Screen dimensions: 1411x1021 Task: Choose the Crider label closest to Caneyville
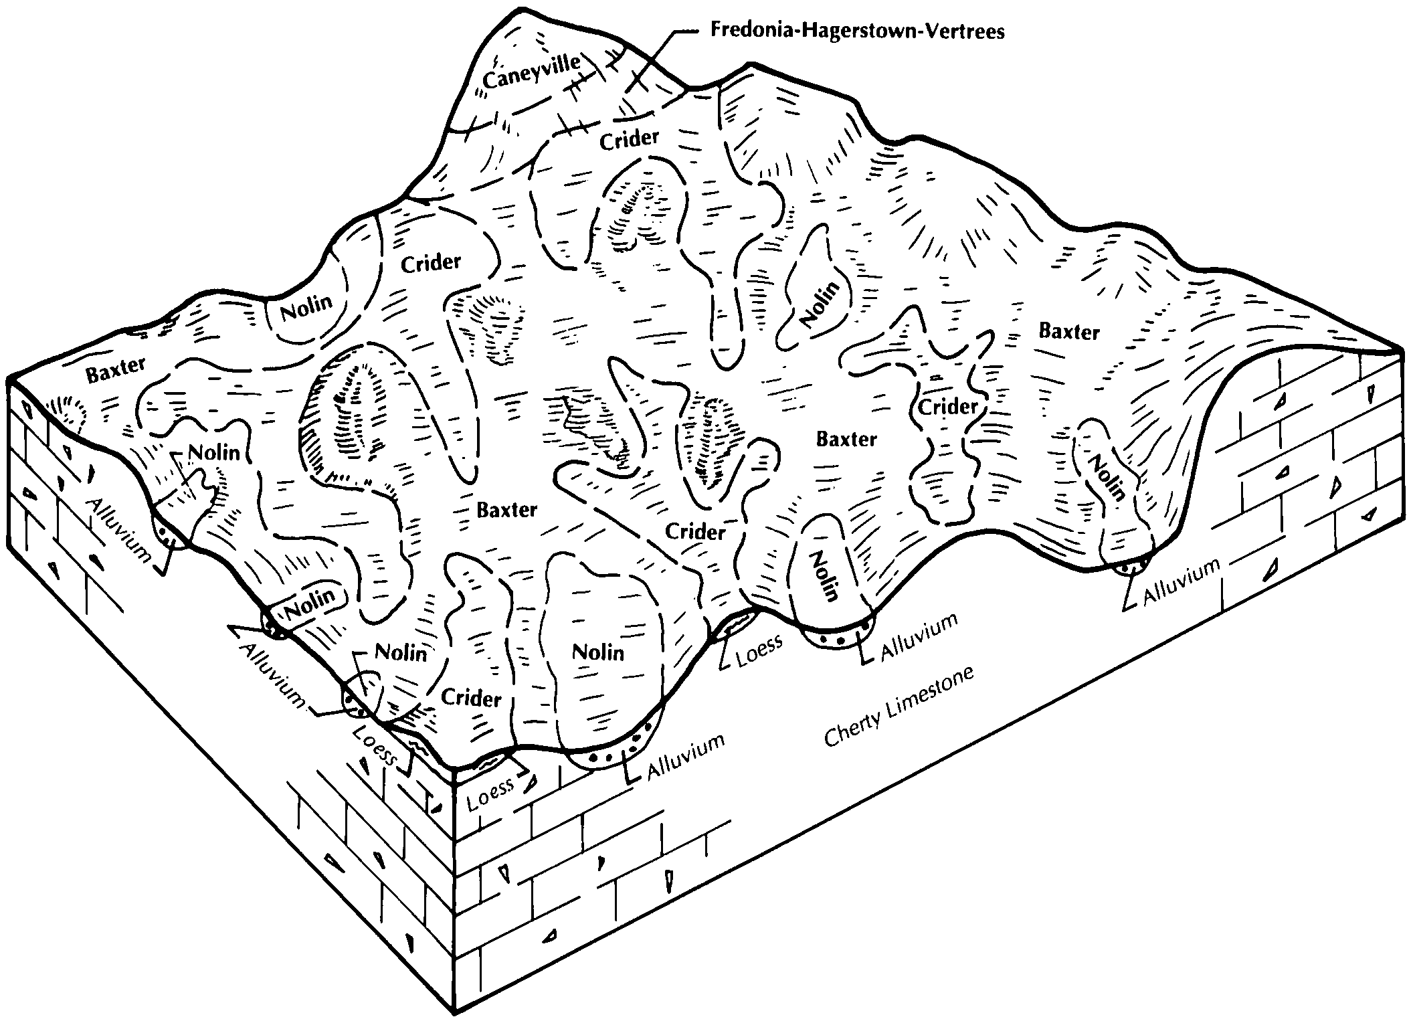tap(630, 139)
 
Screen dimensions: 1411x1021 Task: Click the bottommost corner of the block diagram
tap(456, 1012)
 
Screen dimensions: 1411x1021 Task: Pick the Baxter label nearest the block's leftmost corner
tap(116, 370)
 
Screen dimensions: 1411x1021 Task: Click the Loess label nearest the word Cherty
tap(759, 649)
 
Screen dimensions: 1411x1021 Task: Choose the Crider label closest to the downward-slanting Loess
tap(471, 698)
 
